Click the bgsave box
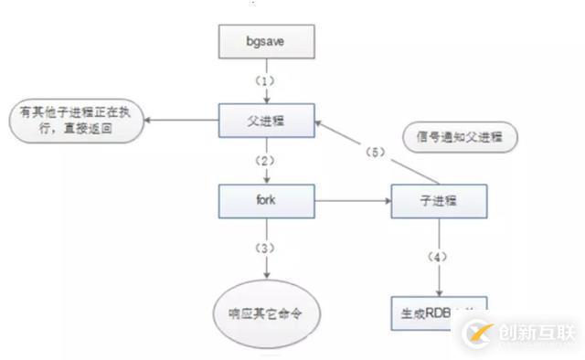click(266, 41)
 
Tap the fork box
click(266, 199)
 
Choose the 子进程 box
click(439, 199)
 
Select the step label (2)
click(266, 158)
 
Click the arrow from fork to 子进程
click(352, 198)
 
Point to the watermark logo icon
click(478, 331)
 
